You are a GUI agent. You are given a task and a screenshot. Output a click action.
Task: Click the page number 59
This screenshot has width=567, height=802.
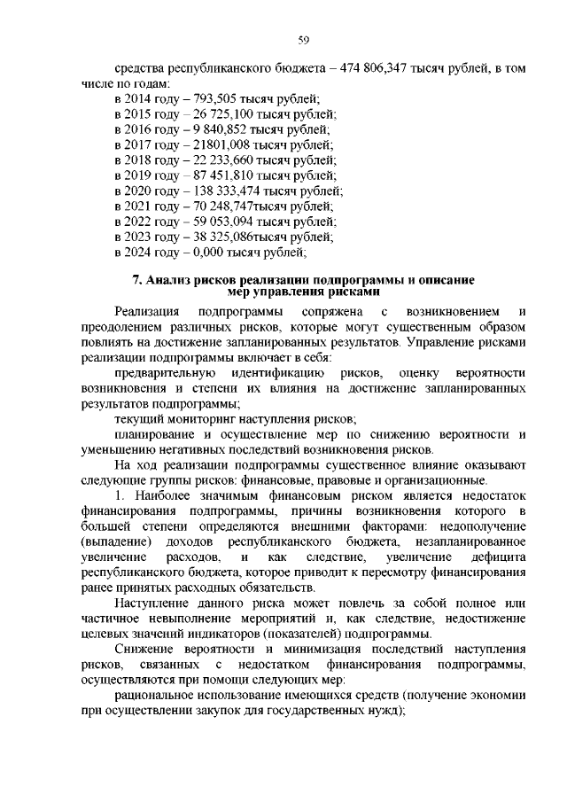pyautogui.click(x=302, y=40)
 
